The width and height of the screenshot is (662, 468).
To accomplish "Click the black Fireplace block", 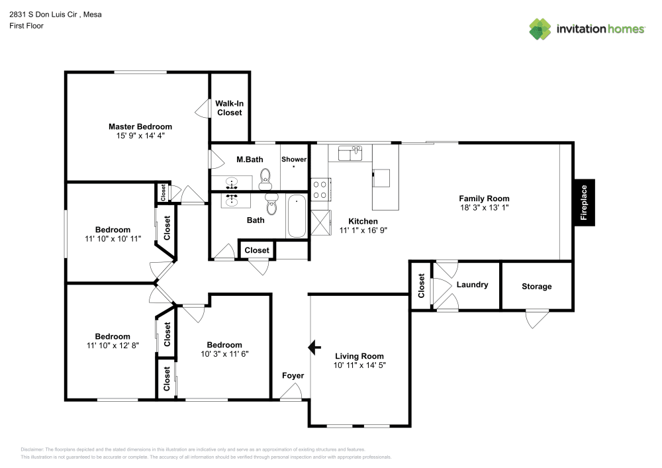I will point(584,202).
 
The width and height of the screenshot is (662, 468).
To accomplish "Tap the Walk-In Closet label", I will point(229,108).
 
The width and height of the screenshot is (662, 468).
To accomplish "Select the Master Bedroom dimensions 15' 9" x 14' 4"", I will point(140,135).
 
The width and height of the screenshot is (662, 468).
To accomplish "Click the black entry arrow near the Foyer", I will point(314,347).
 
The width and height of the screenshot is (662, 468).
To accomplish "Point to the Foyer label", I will point(293,375).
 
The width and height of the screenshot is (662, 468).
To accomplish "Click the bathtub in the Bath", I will point(297,216).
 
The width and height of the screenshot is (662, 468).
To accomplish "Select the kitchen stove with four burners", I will point(320,190).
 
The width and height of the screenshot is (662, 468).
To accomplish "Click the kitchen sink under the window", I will point(350,154).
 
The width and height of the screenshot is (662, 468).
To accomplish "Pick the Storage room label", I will point(536,287).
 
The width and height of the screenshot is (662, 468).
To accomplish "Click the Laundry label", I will point(472,285).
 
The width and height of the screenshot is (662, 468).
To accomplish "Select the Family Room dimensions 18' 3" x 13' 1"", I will point(485,207).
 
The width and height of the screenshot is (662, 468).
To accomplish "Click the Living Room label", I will point(359,355).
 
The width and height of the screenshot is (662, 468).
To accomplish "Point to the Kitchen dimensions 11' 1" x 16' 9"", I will point(363,230).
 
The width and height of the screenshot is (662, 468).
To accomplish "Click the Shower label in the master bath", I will point(294,160).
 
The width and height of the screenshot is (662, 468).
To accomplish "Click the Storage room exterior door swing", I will point(536,318).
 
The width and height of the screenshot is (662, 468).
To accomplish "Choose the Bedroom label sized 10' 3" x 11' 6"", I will point(224,345).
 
